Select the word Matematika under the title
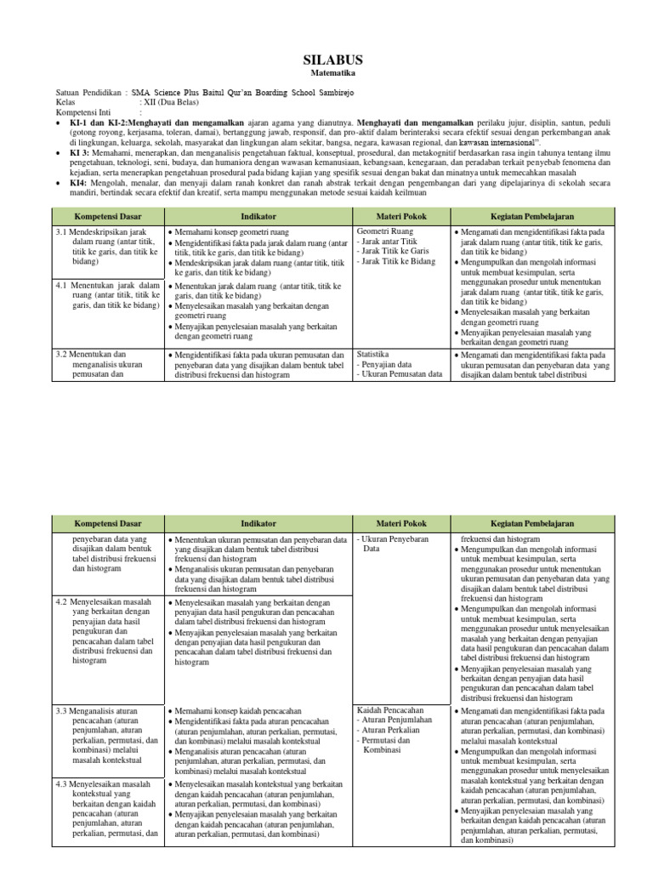coord(332,74)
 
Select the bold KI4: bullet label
coord(78,181)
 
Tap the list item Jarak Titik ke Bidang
coord(398,262)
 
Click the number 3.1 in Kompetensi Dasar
coord(61,231)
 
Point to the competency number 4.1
coord(61,285)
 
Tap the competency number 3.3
coord(61,709)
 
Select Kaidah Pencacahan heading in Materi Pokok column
coord(389,709)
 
